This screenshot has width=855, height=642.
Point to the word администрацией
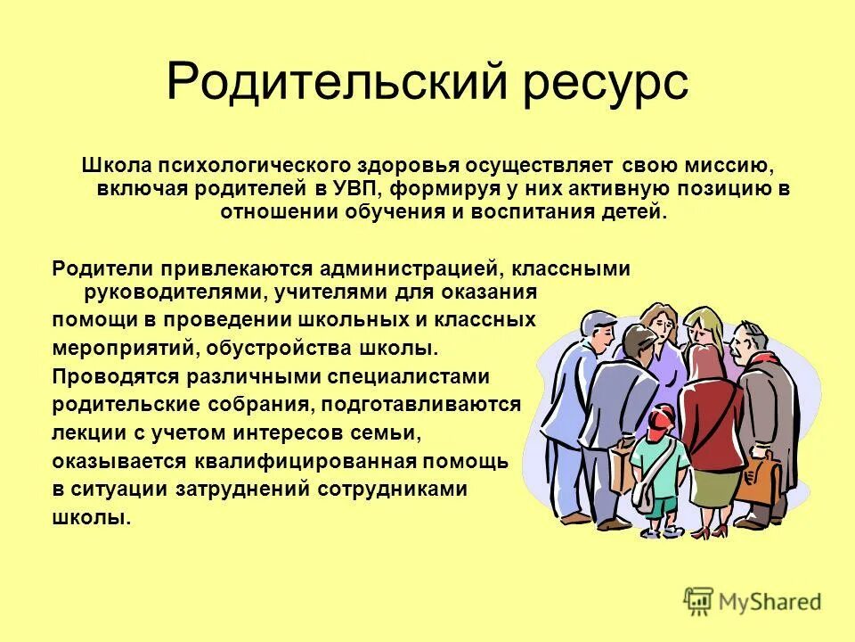[x=418, y=269]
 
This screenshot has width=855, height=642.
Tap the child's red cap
[x=662, y=416]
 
